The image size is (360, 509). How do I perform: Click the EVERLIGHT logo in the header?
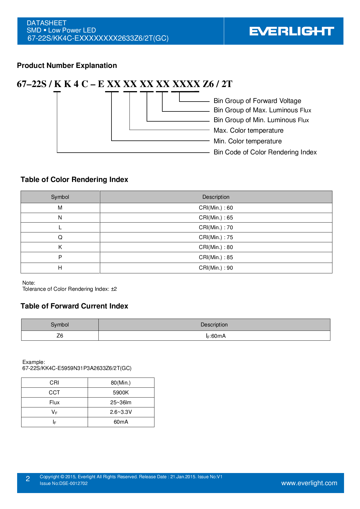point(291,31)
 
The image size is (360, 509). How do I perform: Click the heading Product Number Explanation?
point(67,66)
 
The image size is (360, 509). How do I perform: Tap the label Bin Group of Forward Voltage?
point(257,101)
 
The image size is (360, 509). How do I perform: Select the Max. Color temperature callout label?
point(248,130)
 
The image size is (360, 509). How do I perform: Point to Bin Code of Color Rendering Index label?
point(265,152)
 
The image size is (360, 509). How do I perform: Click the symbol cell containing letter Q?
point(60,237)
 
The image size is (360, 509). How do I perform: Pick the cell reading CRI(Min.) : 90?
point(216,268)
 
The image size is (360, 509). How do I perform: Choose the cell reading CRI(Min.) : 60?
point(216,208)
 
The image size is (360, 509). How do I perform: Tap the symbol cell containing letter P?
point(60,257)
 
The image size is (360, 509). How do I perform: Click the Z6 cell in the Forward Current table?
point(60,336)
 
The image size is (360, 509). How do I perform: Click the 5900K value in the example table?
point(121,393)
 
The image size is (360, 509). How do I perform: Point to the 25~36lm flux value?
point(121,402)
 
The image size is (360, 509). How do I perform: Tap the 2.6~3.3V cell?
point(121,412)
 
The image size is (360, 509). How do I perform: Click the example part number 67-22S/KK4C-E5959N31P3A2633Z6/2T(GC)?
point(77,368)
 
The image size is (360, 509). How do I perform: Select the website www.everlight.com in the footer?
point(309,483)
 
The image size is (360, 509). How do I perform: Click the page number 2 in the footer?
point(28,479)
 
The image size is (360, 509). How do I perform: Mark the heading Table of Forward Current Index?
point(74,306)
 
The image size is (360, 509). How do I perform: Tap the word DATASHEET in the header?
point(46,23)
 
